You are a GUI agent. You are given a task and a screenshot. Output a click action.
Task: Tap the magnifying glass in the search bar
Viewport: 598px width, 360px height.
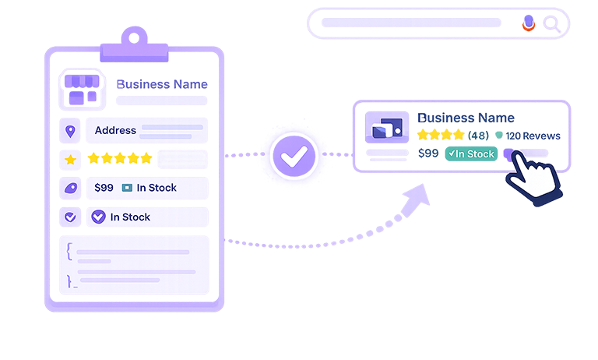(x=552, y=24)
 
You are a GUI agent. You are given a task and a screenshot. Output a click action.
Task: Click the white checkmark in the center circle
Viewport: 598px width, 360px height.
(x=294, y=158)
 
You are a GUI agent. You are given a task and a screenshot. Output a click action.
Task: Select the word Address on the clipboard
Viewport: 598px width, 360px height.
(x=115, y=131)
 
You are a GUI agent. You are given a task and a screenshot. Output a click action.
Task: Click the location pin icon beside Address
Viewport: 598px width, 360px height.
(x=71, y=131)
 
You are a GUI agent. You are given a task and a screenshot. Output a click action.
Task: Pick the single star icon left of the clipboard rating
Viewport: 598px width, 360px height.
(x=70, y=160)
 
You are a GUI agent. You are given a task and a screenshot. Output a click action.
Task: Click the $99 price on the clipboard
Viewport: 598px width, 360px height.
(x=104, y=188)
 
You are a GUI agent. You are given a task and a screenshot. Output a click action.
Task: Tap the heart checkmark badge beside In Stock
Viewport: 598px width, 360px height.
(x=98, y=217)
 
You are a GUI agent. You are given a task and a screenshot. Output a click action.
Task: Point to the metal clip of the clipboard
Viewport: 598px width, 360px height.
(x=134, y=41)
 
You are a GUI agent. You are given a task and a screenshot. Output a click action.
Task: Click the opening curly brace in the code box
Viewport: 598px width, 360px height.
(x=69, y=251)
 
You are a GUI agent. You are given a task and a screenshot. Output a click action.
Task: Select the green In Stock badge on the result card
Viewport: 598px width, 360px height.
(x=470, y=154)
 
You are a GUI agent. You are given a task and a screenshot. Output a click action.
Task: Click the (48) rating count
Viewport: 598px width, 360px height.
(x=479, y=136)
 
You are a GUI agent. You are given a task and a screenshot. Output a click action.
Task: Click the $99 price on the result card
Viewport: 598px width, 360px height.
(x=427, y=154)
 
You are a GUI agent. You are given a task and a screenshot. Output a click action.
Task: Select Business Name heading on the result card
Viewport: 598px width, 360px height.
(x=465, y=118)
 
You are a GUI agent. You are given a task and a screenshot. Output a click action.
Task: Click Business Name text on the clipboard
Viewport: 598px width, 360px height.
(x=161, y=84)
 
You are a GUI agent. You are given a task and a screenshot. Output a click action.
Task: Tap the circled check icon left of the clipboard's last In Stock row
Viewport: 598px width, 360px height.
(x=70, y=217)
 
